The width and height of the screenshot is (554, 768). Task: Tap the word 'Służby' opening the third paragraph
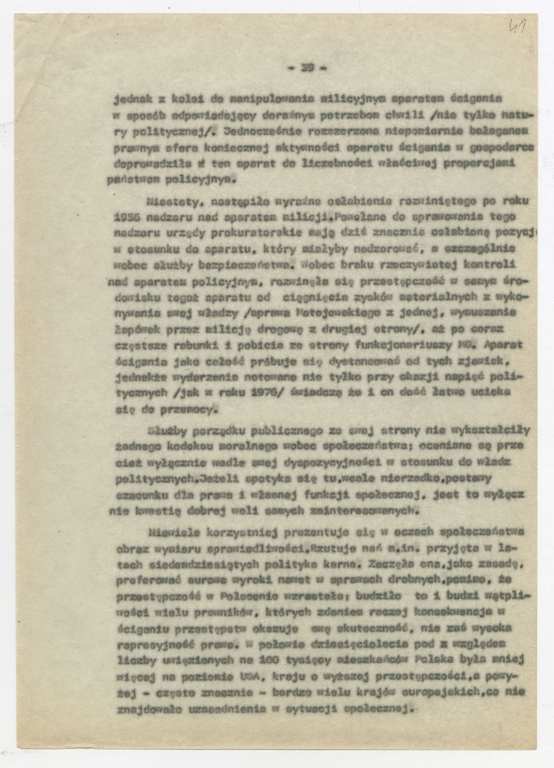click(x=165, y=431)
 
